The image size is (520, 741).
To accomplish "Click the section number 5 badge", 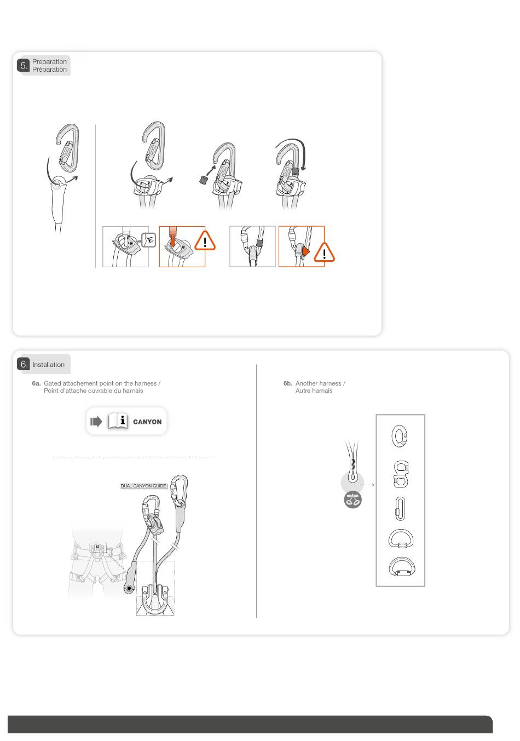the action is tap(23, 65).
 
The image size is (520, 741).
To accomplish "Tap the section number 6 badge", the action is tap(23, 364).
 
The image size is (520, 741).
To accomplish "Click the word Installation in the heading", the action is tap(48, 365).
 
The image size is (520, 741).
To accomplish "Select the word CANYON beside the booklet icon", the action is tap(147, 422).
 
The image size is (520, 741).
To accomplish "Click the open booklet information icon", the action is tap(118, 421).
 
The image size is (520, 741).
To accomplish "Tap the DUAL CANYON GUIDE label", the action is tap(143, 486).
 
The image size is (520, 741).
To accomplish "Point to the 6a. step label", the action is tap(36, 383).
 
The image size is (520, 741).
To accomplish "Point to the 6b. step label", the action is tap(287, 383).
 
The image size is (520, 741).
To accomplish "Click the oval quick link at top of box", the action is tap(400, 436).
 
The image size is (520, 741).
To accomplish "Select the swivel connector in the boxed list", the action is tap(401, 474).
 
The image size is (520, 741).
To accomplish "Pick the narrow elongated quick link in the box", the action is tap(400, 508).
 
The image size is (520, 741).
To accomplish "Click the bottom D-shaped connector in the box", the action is tap(401, 567).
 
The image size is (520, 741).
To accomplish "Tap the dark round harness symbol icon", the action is tap(353, 499).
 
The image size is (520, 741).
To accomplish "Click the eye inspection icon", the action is tap(149, 240).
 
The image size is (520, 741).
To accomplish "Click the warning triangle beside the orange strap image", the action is tap(205, 241).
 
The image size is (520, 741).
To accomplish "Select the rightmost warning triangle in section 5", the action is tap(324, 252).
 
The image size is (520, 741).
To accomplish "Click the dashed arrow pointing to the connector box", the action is tap(366, 485).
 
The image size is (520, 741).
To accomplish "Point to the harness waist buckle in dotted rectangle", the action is tap(98, 548).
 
